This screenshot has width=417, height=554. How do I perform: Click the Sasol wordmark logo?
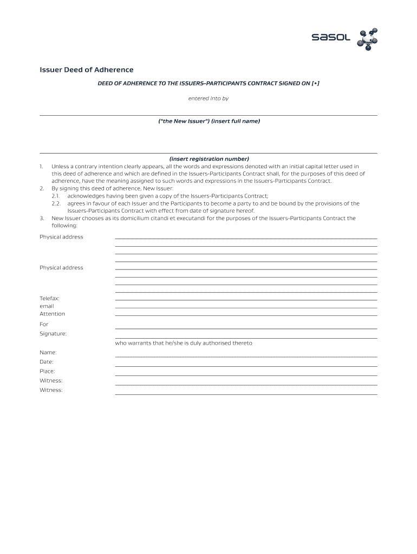(331, 37)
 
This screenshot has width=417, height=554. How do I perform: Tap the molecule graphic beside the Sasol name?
(368, 38)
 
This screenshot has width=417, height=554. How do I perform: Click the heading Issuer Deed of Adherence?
(87, 70)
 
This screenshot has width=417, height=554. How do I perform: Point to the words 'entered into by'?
(208, 98)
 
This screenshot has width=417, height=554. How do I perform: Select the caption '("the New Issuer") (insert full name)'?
(208, 121)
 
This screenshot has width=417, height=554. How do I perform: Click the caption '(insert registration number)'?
(208, 159)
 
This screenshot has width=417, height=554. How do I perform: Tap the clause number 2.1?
(56, 196)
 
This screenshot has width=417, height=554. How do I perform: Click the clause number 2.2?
(56, 203)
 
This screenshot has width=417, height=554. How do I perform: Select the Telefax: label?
(49, 298)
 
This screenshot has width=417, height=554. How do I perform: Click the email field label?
(47, 306)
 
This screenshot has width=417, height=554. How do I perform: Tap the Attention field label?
(52, 314)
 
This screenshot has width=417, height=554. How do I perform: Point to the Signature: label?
(53, 334)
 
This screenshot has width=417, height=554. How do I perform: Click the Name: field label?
(48, 352)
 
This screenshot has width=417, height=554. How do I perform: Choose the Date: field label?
(47, 362)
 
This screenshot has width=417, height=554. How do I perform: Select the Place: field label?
(47, 371)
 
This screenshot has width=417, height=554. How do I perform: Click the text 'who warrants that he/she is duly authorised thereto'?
(184, 343)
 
